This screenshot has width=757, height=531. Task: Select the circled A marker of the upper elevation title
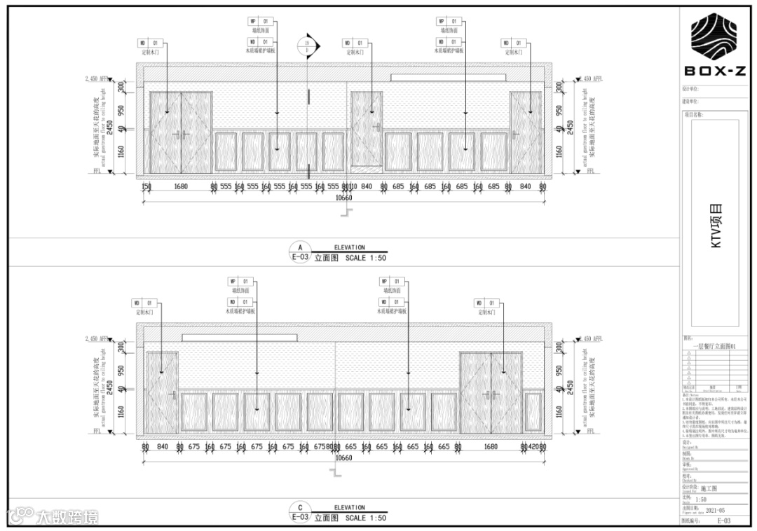tap(300, 248)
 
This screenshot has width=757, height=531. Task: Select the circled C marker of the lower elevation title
tap(300, 508)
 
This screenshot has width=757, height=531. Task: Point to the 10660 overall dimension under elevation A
tap(343, 198)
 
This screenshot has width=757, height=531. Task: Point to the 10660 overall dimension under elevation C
tap(343, 457)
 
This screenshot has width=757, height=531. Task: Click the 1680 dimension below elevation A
tap(181, 187)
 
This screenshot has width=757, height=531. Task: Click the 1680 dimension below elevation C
tap(491, 447)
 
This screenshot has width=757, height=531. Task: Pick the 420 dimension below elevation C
tap(534, 447)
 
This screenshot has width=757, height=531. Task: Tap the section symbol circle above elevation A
tap(307, 46)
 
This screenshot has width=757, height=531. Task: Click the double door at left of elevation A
tap(181, 132)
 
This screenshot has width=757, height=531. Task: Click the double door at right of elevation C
tap(491, 392)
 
